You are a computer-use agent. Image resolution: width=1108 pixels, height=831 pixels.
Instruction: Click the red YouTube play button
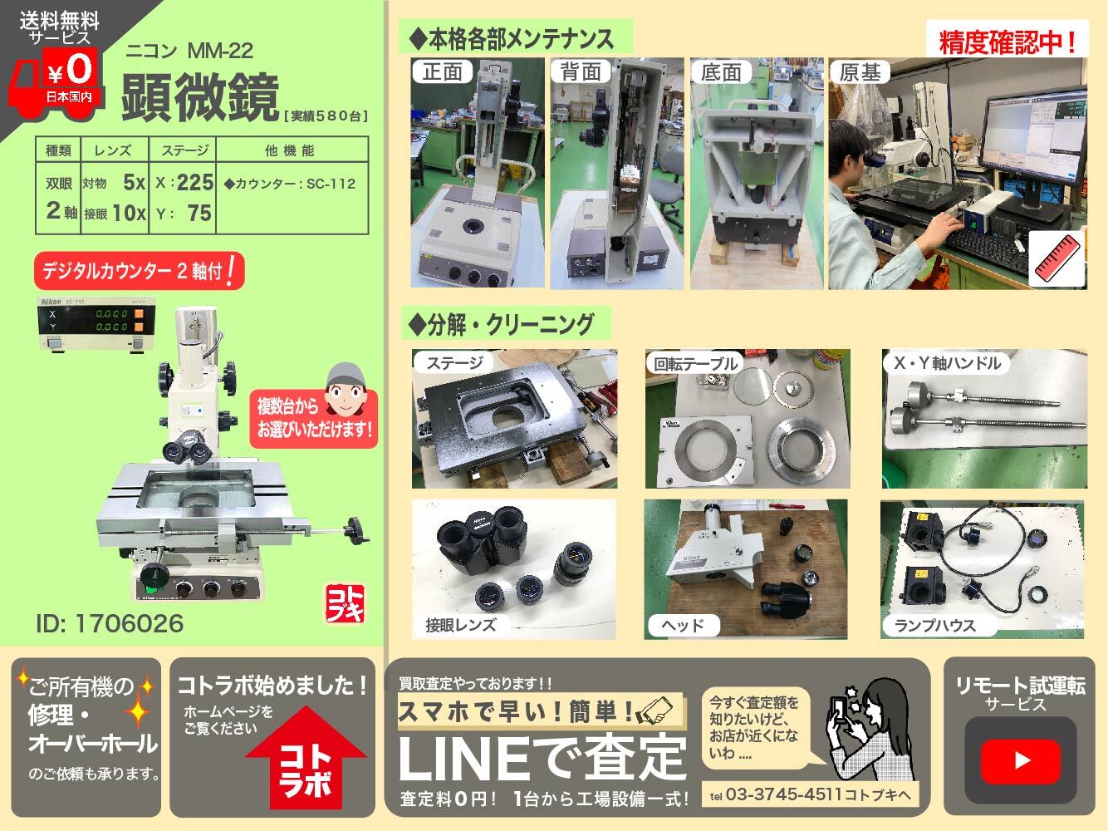[x=1020, y=760]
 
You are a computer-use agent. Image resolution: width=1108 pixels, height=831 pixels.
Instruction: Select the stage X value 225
[x=193, y=182]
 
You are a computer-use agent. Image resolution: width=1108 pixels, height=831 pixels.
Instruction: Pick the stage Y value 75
[x=199, y=213]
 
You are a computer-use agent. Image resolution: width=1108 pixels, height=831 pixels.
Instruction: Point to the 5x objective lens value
[x=135, y=182]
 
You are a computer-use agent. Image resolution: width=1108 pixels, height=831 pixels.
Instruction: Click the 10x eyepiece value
[x=129, y=213]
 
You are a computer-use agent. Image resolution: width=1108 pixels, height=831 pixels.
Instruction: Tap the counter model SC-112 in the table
[x=331, y=184]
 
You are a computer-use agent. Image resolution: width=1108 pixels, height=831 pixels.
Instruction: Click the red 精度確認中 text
[x=1007, y=42]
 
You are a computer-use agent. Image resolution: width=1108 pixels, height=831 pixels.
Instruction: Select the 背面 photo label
[x=581, y=71]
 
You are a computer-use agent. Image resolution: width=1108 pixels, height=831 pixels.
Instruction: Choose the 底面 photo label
[x=720, y=72]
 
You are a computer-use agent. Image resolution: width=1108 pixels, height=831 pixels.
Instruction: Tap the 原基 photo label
[x=860, y=72]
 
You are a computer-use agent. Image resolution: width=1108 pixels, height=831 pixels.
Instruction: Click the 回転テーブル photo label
[x=695, y=363]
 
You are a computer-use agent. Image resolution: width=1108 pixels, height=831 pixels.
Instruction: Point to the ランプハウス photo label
[x=935, y=626]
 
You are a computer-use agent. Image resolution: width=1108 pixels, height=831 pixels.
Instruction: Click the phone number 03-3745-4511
[x=783, y=794]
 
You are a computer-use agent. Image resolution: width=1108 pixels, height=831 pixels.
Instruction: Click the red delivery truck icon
[x=56, y=83]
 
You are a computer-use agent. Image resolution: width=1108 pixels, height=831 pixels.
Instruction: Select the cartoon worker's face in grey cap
[x=345, y=389]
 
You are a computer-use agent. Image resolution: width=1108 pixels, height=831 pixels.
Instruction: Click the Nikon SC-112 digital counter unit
[x=96, y=323]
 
